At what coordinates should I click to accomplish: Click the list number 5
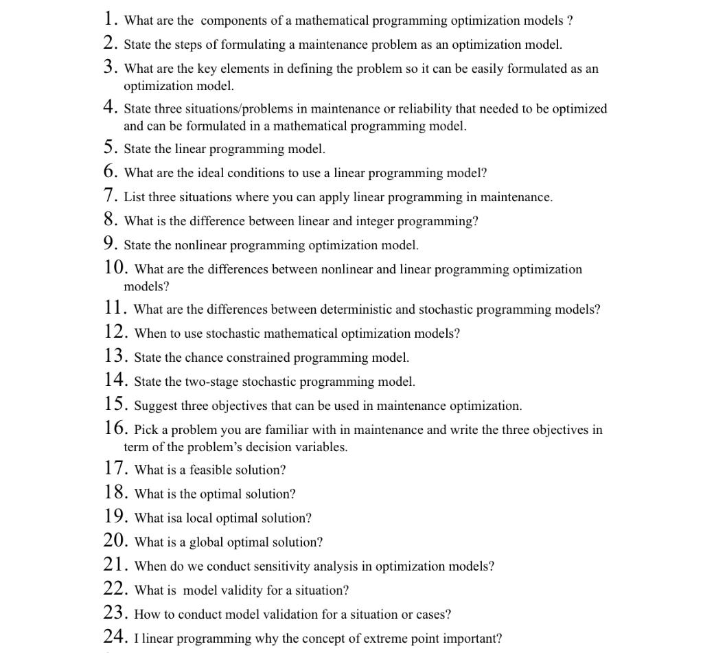tap(111, 148)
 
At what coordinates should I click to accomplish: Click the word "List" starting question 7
tap(135, 197)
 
